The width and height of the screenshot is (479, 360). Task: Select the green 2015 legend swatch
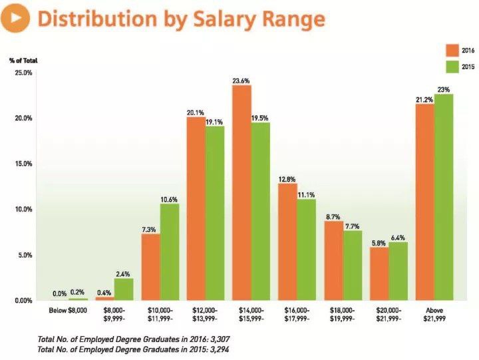(452, 67)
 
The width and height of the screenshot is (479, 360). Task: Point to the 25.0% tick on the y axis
(23, 73)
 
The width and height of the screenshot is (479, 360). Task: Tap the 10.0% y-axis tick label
(23, 210)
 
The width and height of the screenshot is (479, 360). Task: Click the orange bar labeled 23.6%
(241, 193)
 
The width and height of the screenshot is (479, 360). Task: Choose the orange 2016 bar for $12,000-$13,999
(196, 209)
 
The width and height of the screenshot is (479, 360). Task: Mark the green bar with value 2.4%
(124, 289)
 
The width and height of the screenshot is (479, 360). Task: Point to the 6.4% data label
(398, 237)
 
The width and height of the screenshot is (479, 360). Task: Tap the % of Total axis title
(24, 61)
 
